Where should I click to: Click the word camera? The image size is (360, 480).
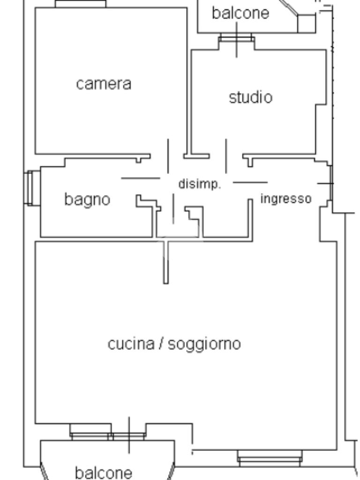[x=104, y=84]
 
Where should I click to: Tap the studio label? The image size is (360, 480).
[x=250, y=97]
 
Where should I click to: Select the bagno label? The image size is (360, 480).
[x=87, y=199]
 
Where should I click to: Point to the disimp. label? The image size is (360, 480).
[x=199, y=184]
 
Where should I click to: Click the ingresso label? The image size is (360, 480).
[x=285, y=199]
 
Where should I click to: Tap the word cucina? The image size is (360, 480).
[x=131, y=344]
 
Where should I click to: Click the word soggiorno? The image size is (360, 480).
[x=204, y=344]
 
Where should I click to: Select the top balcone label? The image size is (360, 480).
[x=240, y=13]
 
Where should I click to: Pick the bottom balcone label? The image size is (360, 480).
[x=104, y=472]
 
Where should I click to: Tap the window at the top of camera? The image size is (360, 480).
[x=81, y=4]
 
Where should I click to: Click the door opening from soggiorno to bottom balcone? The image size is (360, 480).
[x=129, y=436]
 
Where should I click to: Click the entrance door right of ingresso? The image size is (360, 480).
[x=330, y=183]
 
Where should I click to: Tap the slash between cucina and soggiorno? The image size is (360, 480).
[x=161, y=344]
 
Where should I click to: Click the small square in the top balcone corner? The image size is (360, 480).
[x=307, y=23]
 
